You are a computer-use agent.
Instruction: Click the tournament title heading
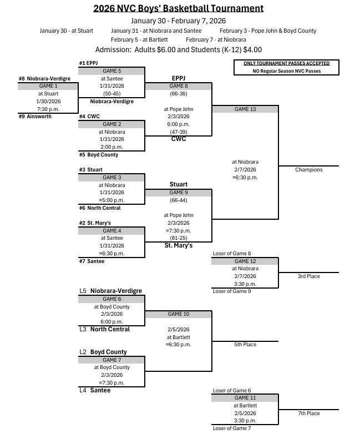[178, 8]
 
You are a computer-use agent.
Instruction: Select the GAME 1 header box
[48, 86]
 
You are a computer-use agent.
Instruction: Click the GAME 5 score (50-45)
[112, 94]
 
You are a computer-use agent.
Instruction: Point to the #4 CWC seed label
[89, 117]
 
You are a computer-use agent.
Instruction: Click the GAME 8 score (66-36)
[178, 94]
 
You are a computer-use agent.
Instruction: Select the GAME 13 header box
[245, 109]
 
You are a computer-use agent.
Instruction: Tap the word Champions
[309, 170]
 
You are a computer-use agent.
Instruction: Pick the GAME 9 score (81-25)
[178, 238]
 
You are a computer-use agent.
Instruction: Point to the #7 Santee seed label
[92, 261]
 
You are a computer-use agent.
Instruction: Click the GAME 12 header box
[245, 261]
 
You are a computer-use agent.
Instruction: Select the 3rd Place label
[309, 276]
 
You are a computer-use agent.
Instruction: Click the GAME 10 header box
[178, 314]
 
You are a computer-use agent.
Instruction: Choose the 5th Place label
[245, 345]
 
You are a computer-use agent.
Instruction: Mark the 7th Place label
[309, 413]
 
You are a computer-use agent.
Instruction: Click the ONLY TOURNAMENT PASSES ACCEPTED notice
[286, 64]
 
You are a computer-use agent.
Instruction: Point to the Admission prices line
[178, 49]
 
